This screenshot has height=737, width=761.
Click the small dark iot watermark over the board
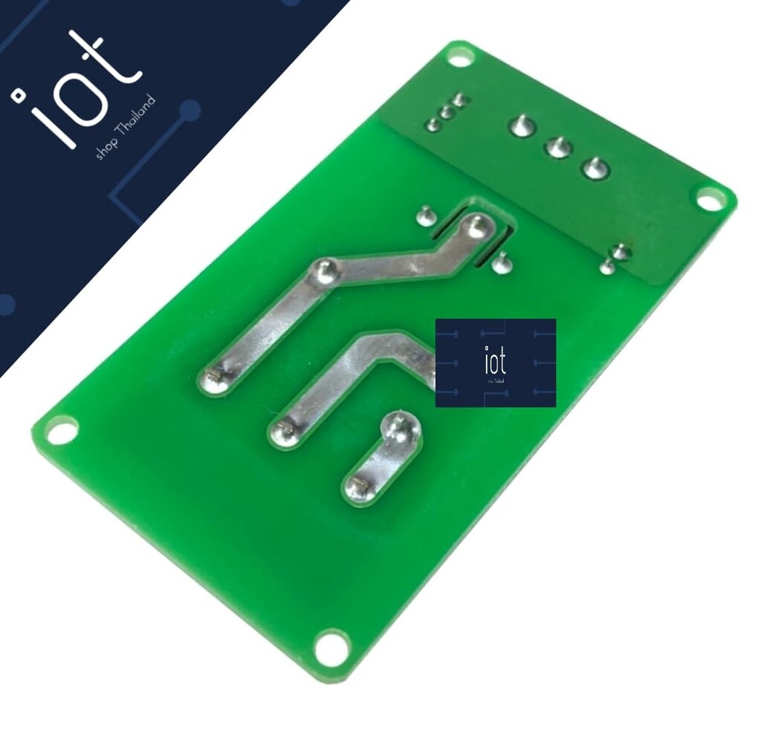(495, 363)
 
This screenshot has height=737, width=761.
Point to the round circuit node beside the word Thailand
(190, 111)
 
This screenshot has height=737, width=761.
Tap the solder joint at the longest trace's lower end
(213, 381)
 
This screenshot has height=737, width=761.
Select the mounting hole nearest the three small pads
(460, 56)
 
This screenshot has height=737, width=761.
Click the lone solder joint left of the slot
(424, 215)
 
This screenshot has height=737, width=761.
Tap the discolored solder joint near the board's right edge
(621, 253)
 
